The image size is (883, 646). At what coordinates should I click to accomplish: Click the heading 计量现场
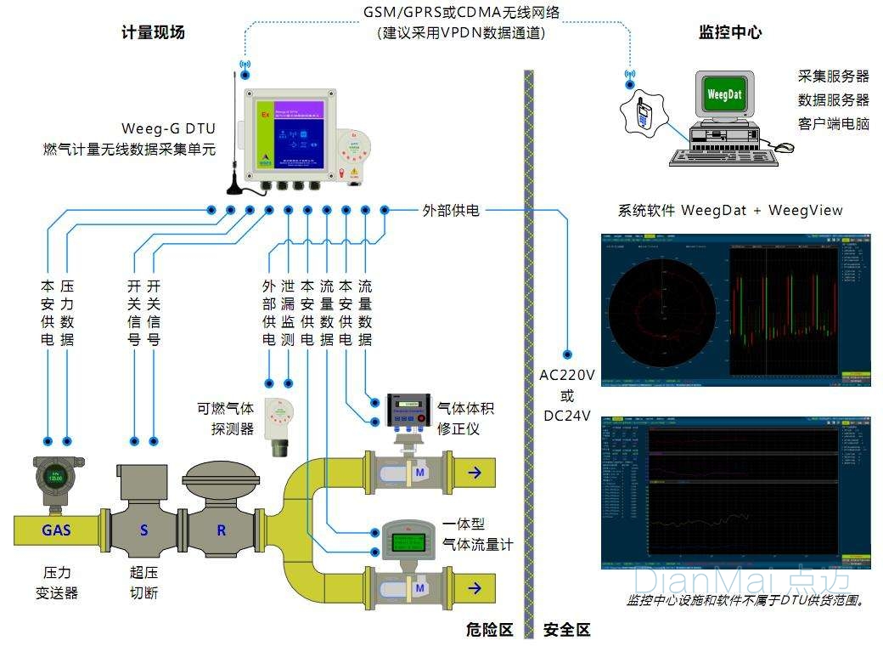point(153,33)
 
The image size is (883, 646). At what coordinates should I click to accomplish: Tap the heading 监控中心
point(729,33)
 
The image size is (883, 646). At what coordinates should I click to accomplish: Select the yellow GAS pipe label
point(56,530)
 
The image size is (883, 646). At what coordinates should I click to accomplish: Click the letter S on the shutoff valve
point(143,530)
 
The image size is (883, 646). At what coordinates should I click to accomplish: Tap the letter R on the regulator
point(221,530)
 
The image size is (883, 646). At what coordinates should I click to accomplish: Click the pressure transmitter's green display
point(55,478)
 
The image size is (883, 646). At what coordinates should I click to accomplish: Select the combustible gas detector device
point(278,425)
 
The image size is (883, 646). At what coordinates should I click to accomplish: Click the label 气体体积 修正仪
point(464,418)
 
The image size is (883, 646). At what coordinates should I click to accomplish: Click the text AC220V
point(567,376)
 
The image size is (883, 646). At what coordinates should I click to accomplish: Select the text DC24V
point(567,416)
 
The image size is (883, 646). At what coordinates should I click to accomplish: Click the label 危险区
point(490,630)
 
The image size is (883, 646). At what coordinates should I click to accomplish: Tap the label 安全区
point(566,630)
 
